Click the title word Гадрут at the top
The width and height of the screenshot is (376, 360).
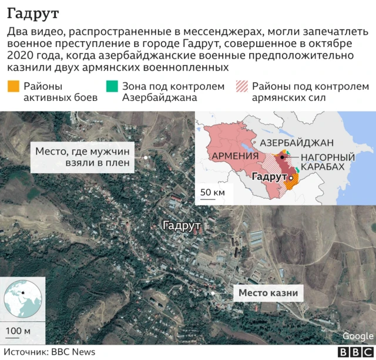tap(33, 12)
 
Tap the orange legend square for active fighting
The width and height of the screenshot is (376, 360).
tap(13, 86)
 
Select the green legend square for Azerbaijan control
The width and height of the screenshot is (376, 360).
tap(111, 86)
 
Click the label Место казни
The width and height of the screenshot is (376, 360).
tap(268, 292)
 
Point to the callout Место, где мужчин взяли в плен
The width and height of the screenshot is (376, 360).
tap(82, 156)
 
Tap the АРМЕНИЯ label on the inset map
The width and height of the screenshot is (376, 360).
tap(234, 156)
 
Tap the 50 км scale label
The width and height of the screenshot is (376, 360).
tap(212, 192)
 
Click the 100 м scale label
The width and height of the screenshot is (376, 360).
tap(18, 331)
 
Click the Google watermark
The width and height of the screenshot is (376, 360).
tap(357, 336)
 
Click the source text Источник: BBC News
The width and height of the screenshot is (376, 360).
tap(49, 351)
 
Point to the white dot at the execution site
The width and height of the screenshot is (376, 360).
tap(212, 292)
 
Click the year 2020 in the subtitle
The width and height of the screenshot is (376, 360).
tap(21, 56)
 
